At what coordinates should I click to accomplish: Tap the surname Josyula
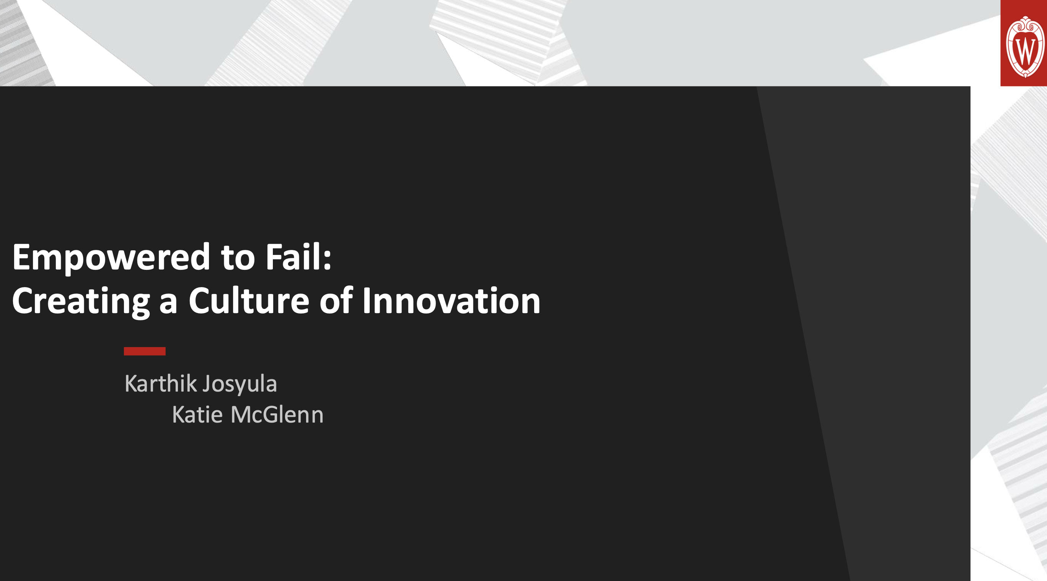240,385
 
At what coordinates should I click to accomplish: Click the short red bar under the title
145,351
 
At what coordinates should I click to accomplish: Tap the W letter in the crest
1025,50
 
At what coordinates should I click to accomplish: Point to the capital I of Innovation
366,300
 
